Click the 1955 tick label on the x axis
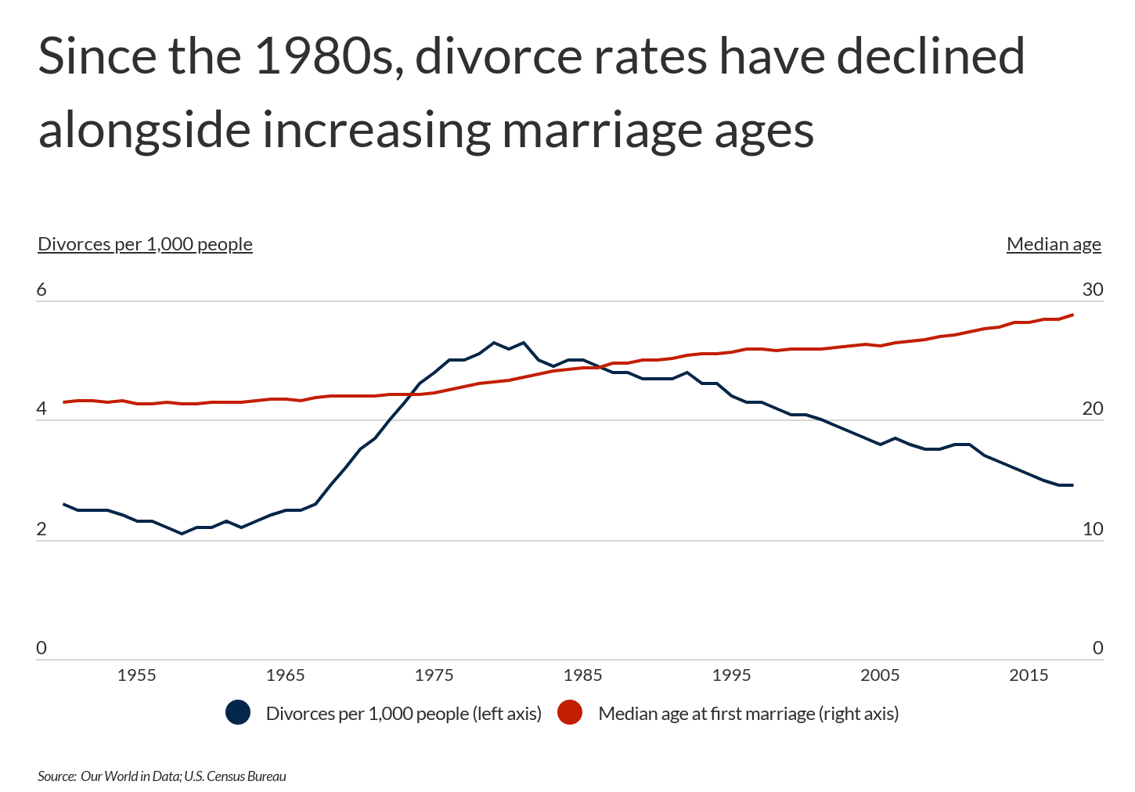coord(137,675)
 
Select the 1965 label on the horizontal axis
coord(286,675)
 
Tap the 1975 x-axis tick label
coord(434,675)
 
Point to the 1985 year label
coord(583,675)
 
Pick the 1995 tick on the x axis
coord(732,675)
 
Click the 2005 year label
coord(881,675)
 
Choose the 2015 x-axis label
coord(1029,675)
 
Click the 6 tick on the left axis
coord(41,290)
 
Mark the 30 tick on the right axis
coord(1093,290)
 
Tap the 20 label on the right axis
coord(1093,409)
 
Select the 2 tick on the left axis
coord(41,529)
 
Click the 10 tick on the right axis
coord(1093,529)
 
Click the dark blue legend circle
coord(238,713)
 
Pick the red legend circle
coord(570,713)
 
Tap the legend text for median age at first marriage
coord(748,714)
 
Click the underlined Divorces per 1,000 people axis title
coord(145,244)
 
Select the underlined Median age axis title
coord(1054,244)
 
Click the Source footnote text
coord(162,776)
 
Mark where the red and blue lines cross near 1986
coord(600,366)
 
